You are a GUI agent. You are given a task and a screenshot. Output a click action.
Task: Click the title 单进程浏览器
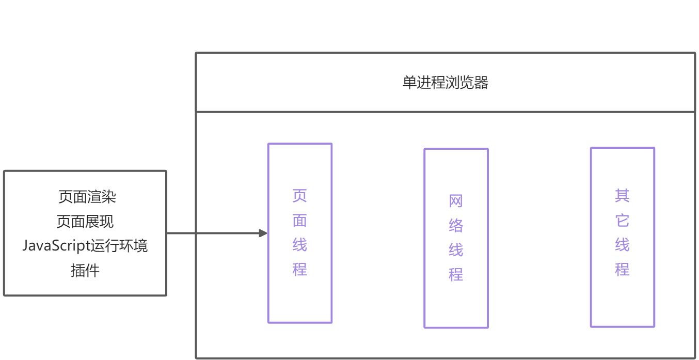445,83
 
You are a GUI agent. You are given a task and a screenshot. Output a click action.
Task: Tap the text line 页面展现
85,222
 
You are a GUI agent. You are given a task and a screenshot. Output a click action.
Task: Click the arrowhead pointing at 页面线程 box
263,233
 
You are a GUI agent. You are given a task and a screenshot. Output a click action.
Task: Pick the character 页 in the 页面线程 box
300,196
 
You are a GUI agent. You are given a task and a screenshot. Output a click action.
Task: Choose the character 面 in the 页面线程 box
300,221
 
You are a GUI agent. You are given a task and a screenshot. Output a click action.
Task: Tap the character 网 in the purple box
456,201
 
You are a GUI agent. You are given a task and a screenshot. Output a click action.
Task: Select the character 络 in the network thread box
456,226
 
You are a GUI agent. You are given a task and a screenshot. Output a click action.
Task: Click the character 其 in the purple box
622,196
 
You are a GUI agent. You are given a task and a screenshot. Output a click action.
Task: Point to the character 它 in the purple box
622,221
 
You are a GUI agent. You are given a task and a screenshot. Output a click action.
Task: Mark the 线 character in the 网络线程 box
456,251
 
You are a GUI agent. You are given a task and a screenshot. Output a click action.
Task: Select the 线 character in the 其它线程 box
622,245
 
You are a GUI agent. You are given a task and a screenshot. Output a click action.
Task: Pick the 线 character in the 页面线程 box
300,245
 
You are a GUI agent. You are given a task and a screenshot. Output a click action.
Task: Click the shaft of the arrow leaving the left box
212,233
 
